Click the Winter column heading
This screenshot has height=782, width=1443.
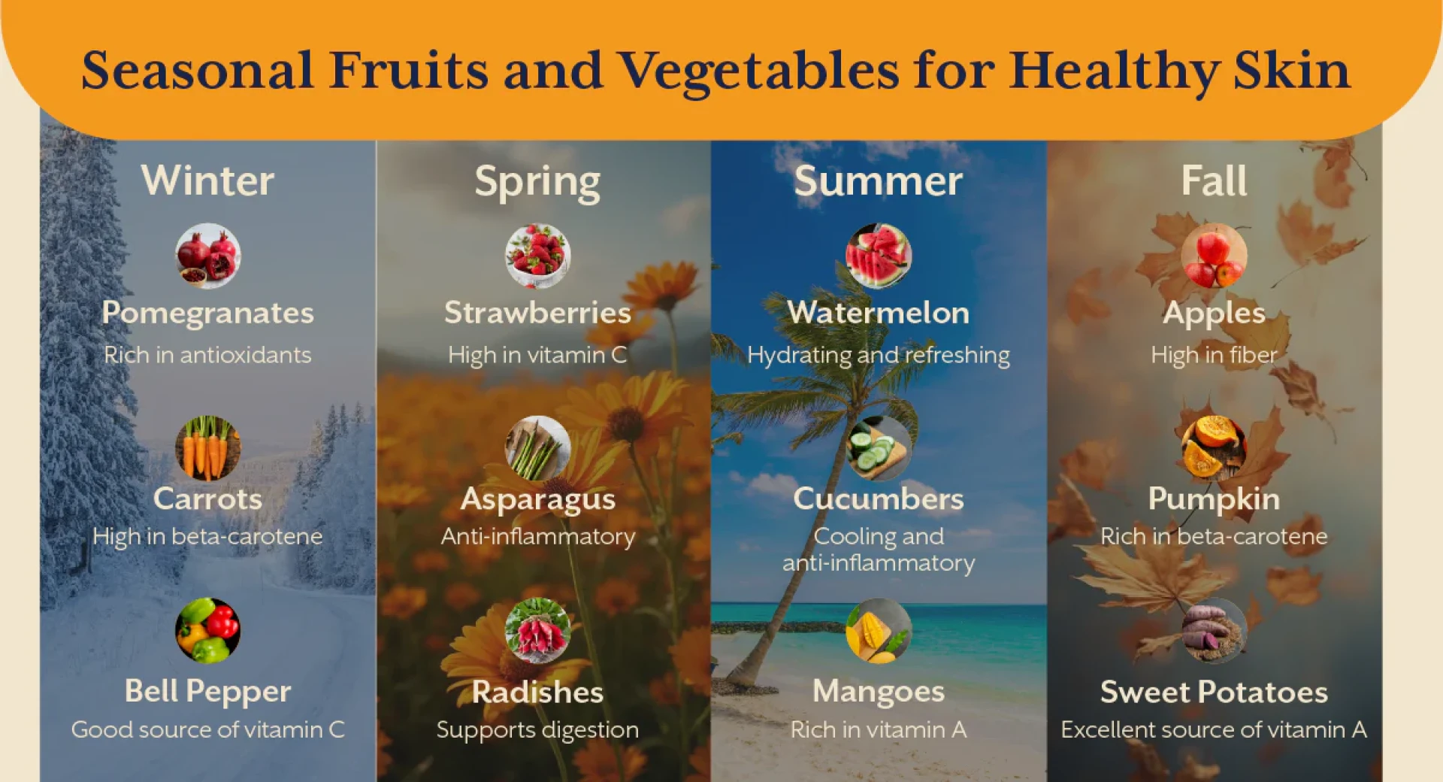point(207,180)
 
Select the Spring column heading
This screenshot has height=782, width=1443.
point(537,183)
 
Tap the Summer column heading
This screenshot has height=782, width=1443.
point(878,180)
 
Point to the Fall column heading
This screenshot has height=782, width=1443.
point(1214,180)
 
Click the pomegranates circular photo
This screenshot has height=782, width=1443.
point(208,256)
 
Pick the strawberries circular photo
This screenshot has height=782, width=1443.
point(537,256)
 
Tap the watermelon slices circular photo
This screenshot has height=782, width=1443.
point(879,256)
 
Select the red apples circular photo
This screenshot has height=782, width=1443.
point(1214,256)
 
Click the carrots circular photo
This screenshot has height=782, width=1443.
point(208,448)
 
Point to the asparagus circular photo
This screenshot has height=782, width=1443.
point(537,448)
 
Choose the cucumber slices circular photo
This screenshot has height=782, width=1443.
point(879,448)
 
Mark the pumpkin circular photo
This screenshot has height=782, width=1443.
point(1214,448)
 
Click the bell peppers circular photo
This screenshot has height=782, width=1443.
point(208,630)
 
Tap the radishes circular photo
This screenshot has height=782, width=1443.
point(537,630)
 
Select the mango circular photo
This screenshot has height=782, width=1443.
point(879,630)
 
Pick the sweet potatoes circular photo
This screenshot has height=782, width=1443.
point(1214,630)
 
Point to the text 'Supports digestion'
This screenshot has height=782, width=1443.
point(537,730)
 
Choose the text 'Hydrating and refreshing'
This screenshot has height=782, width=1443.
point(879,355)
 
